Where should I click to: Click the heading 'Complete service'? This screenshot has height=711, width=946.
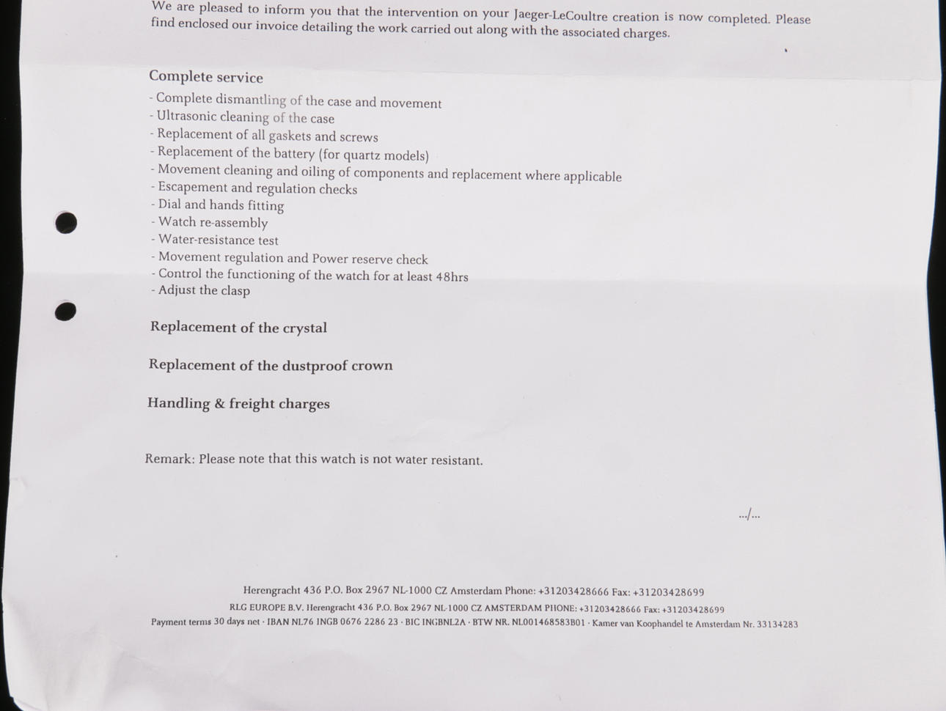click(x=205, y=77)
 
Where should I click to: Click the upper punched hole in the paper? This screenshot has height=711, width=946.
click(x=66, y=222)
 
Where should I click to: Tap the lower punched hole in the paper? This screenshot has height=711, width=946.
click(x=65, y=311)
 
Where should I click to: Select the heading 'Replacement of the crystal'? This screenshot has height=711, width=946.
click(x=238, y=328)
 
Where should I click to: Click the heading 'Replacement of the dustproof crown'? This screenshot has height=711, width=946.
click(x=270, y=365)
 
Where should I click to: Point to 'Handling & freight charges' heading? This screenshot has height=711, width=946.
click(x=238, y=403)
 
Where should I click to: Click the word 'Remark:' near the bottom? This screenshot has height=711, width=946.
click(x=169, y=459)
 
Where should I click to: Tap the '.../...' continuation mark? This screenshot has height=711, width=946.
click(x=749, y=515)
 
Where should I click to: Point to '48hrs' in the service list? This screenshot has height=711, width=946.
click(x=452, y=277)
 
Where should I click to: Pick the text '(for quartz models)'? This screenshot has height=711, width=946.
click(x=373, y=155)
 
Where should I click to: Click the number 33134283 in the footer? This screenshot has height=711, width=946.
click(x=777, y=625)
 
